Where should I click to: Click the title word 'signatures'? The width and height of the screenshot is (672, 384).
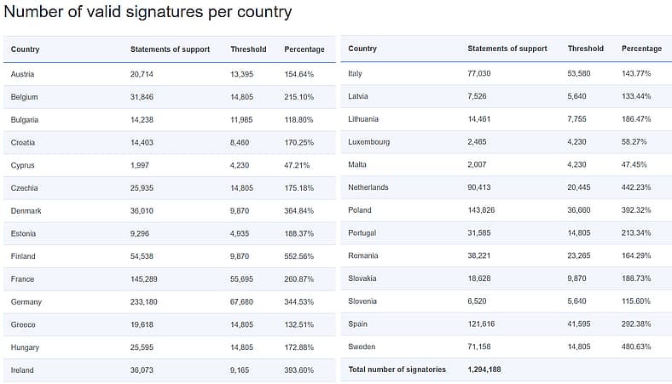tap(165, 13)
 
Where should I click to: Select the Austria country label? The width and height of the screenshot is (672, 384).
tap(22, 74)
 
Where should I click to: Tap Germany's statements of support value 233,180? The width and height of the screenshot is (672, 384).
tap(143, 301)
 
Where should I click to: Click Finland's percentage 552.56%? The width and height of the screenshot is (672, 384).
tap(298, 256)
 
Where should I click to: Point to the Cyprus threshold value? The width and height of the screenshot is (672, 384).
tap(240, 165)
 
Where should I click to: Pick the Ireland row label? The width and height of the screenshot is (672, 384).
tap(22, 370)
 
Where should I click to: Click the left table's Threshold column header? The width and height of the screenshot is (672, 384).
tap(248, 49)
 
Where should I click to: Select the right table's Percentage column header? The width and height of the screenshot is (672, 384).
tap(641, 49)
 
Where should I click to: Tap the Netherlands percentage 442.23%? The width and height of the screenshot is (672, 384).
tap(636, 187)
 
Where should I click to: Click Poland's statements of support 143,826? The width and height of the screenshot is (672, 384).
tap(481, 210)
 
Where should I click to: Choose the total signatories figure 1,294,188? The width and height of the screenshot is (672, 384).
tap(484, 370)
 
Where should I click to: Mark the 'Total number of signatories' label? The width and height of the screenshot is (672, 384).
tap(397, 370)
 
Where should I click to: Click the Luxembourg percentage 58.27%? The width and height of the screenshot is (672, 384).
tap(634, 141)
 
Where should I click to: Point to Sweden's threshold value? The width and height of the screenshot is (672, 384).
tap(578, 347)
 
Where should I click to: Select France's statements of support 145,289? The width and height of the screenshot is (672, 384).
tap(143, 279)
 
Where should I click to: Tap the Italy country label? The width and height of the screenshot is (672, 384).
tap(355, 73)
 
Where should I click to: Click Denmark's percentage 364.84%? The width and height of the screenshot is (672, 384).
tap(298, 211)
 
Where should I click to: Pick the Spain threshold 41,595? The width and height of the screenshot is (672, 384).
tap(578, 324)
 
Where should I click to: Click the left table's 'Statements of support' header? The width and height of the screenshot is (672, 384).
tap(171, 49)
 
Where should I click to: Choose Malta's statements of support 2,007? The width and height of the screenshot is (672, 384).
tap(477, 165)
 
